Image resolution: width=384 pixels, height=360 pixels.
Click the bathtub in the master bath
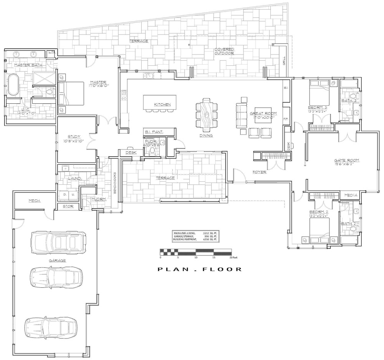[13, 85]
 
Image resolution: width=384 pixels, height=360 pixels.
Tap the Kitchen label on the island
[162, 105]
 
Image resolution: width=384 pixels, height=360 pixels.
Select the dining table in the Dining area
[206, 114]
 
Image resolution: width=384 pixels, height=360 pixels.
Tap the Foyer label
[259, 172]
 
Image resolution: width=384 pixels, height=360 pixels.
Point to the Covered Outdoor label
[224, 51]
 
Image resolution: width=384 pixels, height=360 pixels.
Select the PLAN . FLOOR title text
[200, 269]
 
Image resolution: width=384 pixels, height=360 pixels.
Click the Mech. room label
[35, 201]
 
